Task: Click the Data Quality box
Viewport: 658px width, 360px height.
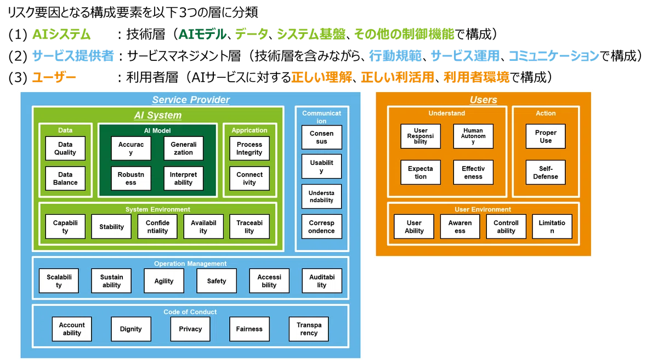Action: click(65, 148)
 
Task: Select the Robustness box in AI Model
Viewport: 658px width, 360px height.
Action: click(131, 179)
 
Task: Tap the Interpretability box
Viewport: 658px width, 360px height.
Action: click(183, 179)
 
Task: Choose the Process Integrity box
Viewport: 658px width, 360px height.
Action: click(249, 148)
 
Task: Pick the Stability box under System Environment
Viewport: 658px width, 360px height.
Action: click(111, 226)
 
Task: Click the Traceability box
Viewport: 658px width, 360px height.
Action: click(249, 226)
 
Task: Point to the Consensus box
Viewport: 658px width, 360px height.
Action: click(322, 137)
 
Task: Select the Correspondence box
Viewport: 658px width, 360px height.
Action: click(322, 226)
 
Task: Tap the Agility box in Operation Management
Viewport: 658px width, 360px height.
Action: click(164, 281)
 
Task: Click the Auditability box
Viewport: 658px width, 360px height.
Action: click(322, 281)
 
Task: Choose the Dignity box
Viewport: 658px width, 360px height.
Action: click(131, 329)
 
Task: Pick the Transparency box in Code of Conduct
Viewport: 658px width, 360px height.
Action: click(309, 329)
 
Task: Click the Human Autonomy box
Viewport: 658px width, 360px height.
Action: click(473, 136)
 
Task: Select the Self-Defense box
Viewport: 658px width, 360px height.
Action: click(546, 173)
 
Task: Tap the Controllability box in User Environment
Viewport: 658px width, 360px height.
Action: click(506, 226)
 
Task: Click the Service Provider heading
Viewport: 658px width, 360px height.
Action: click(191, 100)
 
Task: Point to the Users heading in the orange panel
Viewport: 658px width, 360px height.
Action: click(483, 100)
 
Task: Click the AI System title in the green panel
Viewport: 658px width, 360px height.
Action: click(158, 115)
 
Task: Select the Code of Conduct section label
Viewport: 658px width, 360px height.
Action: click(190, 312)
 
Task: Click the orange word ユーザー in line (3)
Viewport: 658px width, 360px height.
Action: click(54, 77)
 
